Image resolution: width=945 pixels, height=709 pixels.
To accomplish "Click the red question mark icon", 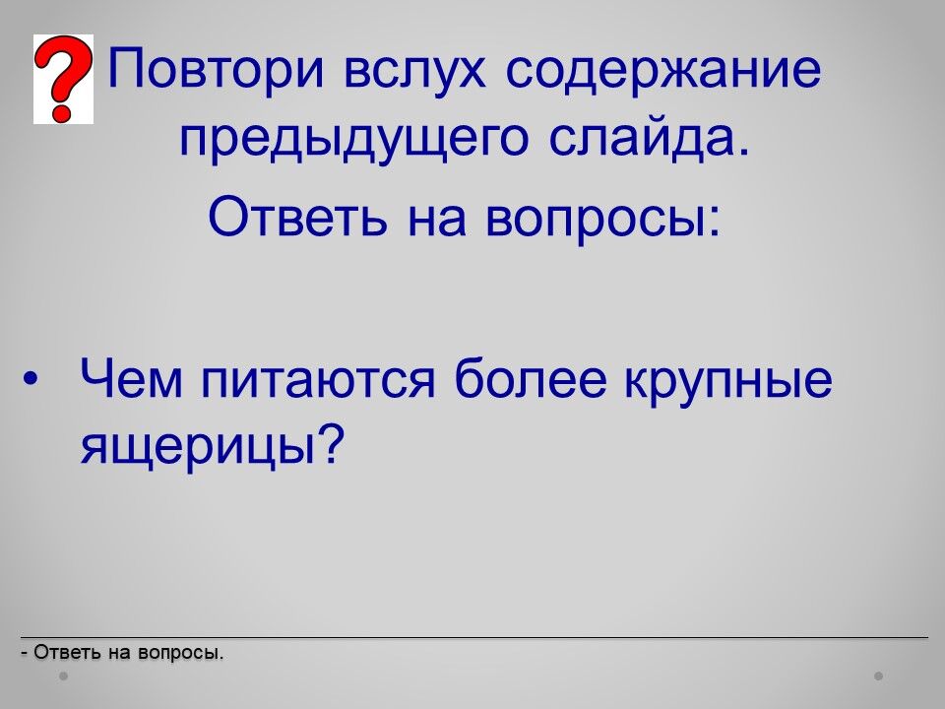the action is click(63, 79).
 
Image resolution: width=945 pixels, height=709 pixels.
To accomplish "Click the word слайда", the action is click(650, 139).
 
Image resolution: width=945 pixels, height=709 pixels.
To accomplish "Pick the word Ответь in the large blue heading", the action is click(297, 216).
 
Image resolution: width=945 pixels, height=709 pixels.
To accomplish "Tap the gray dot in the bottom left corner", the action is click(63, 677).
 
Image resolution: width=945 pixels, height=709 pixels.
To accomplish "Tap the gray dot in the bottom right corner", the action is click(879, 677).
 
